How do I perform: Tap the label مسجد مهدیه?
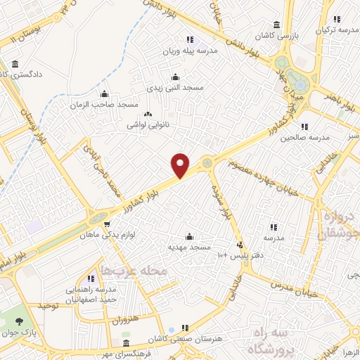pos(187,247)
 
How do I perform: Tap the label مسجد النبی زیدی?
pos(174,87)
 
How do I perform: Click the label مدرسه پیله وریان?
pos(187,51)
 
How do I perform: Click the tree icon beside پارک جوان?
pos(18,321)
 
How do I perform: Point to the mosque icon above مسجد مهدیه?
pos(188,236)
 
